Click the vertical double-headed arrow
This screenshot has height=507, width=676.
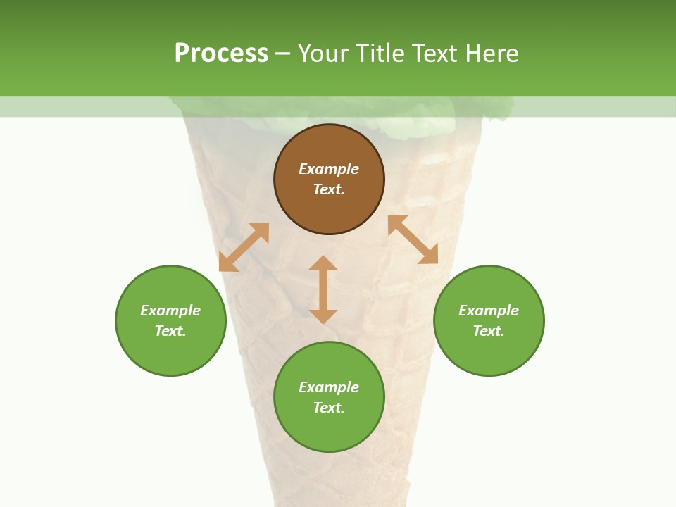[323, 289]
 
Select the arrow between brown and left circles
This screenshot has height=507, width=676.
[244, 247]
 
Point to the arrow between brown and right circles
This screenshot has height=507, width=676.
[413, 239]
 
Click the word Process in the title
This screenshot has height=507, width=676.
[221, 53]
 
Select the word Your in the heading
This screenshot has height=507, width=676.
[321, 53]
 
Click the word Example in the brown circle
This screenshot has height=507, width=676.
[329, 169]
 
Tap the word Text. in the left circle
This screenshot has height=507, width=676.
[170, 331]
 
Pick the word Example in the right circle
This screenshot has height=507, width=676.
[489, 311]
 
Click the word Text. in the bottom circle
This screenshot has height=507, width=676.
[329, 408]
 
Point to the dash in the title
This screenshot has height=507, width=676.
[282, 54]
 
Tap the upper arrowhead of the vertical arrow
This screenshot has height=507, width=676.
[323, 263]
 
